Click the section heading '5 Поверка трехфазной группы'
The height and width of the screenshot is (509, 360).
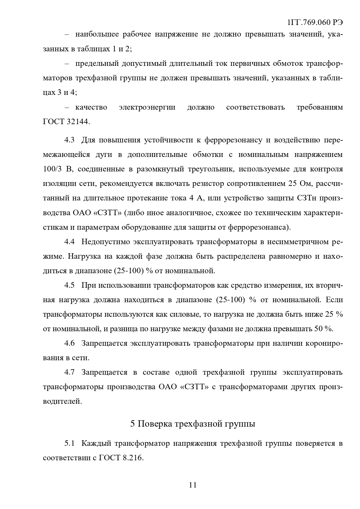193,424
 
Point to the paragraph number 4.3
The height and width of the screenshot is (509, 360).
69,140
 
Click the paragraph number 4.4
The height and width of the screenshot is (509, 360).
69,242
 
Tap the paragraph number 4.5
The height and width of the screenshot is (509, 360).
69,285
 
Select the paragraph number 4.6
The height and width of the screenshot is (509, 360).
69,343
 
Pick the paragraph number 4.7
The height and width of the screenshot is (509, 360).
69,372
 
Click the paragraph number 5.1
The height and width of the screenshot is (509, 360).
69,443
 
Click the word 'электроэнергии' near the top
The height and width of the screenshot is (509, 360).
147,107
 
